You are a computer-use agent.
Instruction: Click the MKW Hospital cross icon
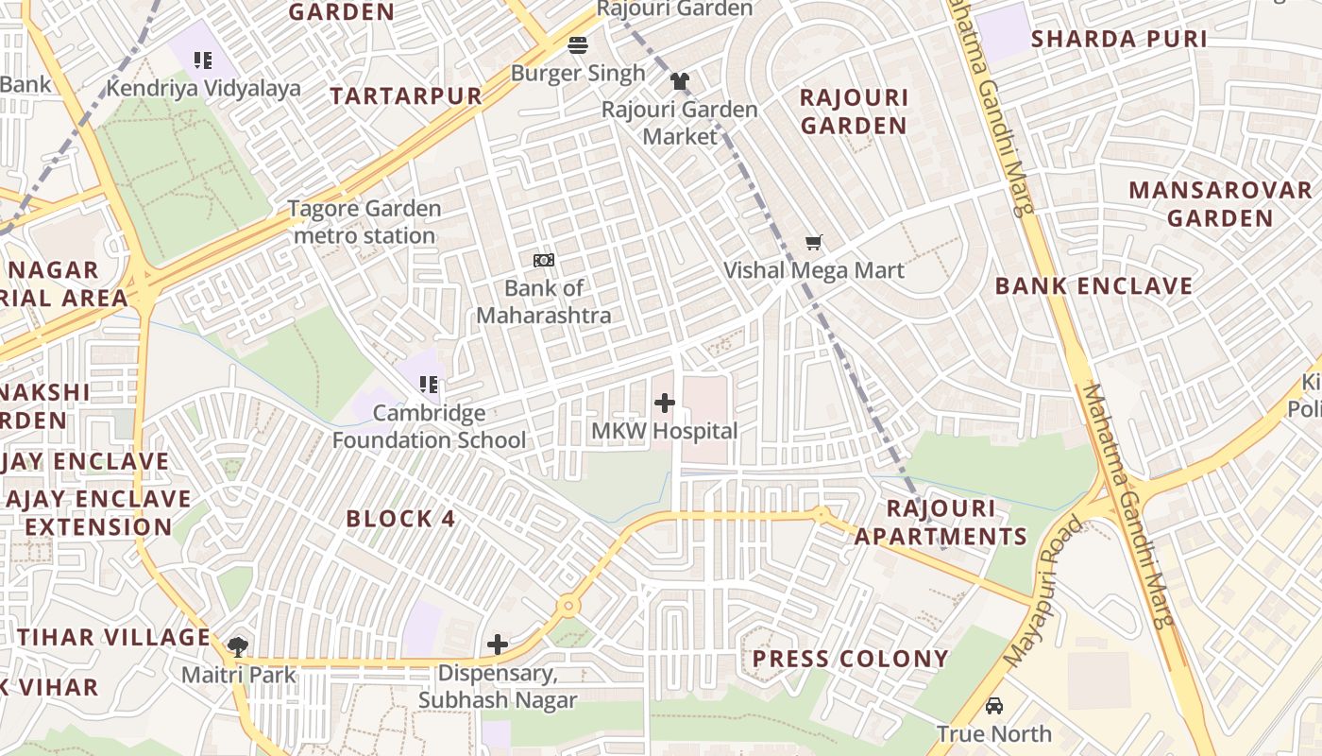pos(665,404)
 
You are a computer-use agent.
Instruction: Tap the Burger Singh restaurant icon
pos(578,45)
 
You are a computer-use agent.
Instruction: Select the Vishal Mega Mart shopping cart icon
pos(814,243)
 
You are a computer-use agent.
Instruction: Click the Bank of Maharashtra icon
pos(544,260)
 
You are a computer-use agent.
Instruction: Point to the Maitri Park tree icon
pos(238,647)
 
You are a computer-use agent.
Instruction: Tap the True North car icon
pos(994,706)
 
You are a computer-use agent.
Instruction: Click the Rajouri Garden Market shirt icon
pos(680,81)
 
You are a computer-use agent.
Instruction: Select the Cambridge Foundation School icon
pos(429,385)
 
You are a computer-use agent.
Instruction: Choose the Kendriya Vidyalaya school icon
pos(203,61)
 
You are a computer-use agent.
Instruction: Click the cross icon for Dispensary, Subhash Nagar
pos(498,645)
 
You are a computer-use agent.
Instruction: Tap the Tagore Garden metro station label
pos(364,222)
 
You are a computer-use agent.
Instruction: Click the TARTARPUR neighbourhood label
pos(406,96)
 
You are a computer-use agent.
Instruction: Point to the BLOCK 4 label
pos(400,519)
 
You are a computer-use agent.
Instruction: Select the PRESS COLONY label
pos(850,659)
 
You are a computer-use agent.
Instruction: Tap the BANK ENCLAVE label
pos(1093,286)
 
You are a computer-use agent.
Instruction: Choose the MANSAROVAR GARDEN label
pos(1220,204)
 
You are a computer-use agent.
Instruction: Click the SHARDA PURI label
pos(1119,39)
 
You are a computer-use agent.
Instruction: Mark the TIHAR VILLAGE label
pos(113,637)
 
